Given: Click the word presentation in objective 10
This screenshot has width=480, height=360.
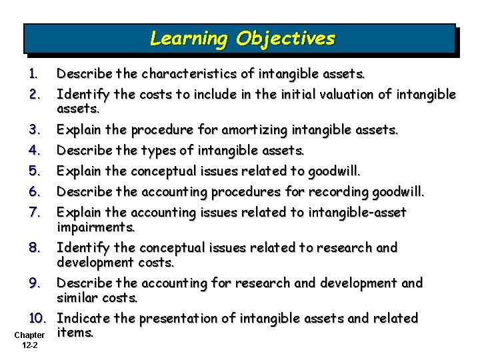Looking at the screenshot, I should click(192, 318).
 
